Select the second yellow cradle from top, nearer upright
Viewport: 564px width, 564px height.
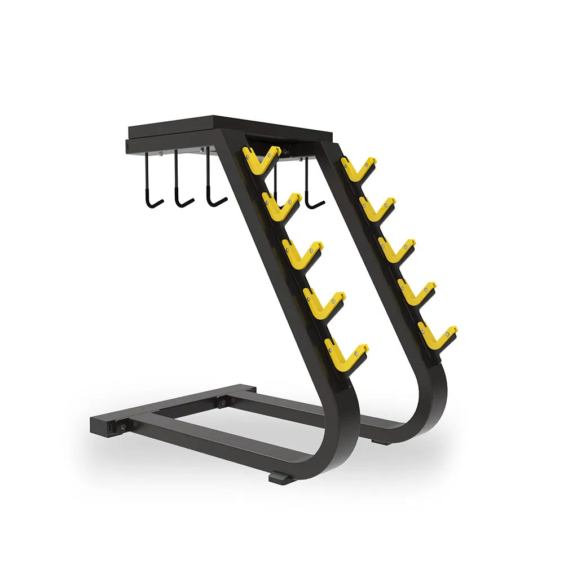[281, 204]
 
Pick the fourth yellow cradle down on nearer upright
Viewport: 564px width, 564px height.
[324, 302]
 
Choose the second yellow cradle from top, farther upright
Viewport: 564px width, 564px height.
[377, 207]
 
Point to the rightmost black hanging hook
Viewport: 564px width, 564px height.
[312, 186]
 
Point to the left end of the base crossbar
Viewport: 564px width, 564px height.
[99, 426]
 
